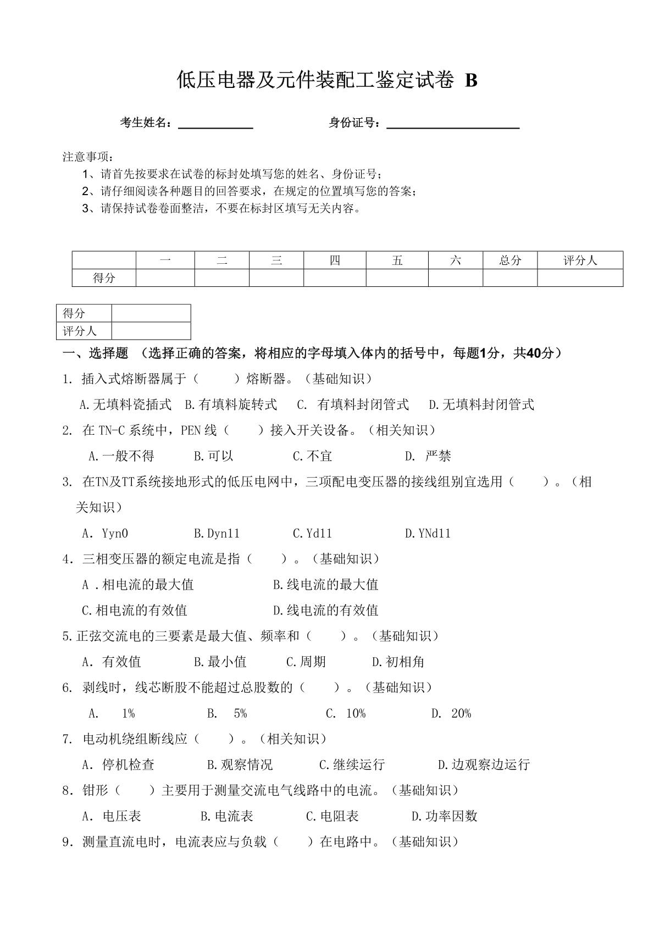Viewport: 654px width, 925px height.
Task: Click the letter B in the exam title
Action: (471, 81)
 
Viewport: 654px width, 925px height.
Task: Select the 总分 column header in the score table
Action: (510, 261)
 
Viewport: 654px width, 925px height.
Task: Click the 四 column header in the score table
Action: (335, 261)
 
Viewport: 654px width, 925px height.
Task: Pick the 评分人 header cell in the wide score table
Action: (580, 261)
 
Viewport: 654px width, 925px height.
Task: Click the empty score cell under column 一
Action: (165, 278)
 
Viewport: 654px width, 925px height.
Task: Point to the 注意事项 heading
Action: (88, 157)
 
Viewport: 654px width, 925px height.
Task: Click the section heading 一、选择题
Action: (96, 353)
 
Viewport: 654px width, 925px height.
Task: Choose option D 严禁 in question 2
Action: (428, 456)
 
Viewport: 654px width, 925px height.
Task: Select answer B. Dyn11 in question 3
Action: (217, 534)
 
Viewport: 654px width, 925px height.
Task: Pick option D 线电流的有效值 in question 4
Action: (325, 611)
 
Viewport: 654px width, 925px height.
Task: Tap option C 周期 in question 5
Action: (306, 662)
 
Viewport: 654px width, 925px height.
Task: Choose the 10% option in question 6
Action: (346, 714)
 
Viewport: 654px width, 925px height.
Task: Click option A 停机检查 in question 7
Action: (118, 765)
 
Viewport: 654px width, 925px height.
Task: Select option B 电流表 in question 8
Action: (227, 817)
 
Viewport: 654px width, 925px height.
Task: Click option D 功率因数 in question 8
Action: (444, 817)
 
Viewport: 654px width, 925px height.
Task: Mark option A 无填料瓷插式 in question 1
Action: (125, 405)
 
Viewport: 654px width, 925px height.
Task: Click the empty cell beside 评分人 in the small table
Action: (151, 331)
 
